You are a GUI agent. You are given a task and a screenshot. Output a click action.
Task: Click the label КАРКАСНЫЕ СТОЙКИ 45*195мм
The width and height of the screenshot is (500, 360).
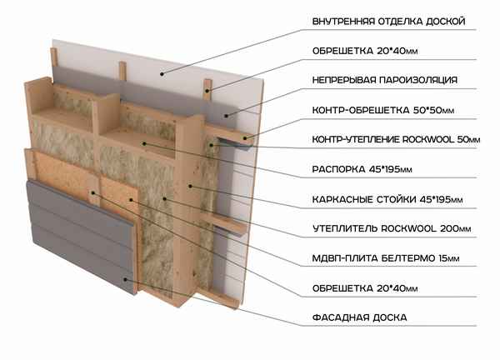click(387, 199)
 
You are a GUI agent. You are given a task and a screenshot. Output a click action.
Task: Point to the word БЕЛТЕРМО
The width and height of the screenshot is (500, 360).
click(416, 258)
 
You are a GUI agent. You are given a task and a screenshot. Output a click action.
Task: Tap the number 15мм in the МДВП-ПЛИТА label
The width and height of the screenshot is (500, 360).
click(459, 258)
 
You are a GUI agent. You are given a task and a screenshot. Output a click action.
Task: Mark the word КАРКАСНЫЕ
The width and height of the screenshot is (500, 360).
click(343, 199)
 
